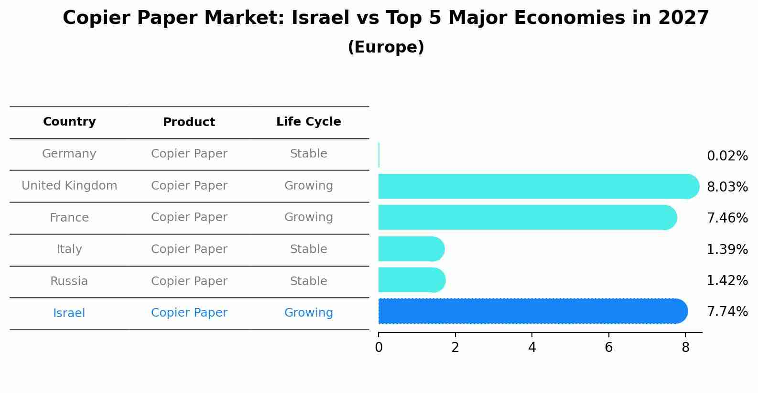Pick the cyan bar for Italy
(411, 249)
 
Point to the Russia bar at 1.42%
(411, 280)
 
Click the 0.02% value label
(727, 156)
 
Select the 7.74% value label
(727, 312)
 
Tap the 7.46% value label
(727, 218)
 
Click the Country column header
(69, 122)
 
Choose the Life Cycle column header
(308, 122)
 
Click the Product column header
(189, 122)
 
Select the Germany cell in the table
(69, 154)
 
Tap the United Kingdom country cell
(69, 186)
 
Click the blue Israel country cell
(69, 313)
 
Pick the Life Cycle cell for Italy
(308, 249)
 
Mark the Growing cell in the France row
(308, 217)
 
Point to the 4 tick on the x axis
(532, 347)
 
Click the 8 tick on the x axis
(685, 347)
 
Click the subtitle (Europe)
(386, 47)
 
